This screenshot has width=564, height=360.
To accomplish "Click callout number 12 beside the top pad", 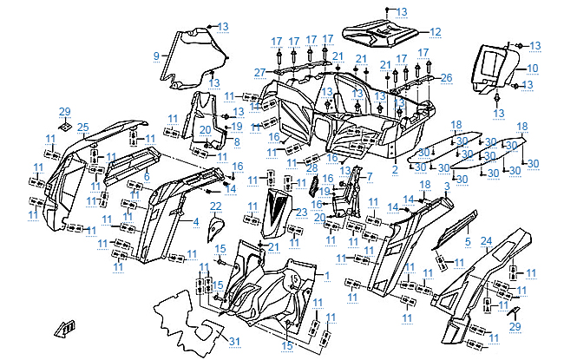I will [x=436, y=31].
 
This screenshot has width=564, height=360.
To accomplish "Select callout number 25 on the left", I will [x=82, y=128].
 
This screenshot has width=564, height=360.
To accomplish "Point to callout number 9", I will [x=156, y=56].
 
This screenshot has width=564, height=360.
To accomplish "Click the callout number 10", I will [x=533, y=68].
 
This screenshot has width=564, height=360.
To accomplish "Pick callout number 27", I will [x=259, y=71].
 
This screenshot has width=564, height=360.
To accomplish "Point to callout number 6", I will [x=147, y=176].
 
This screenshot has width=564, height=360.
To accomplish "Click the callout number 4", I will [x=196, y=222].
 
